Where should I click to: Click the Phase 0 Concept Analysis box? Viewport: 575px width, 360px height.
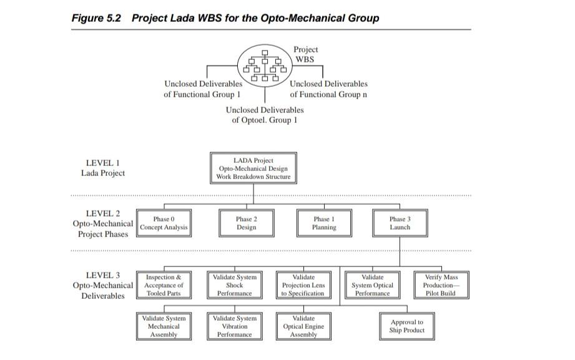tap(164, 223)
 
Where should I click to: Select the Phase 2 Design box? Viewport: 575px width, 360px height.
tap(246, 223)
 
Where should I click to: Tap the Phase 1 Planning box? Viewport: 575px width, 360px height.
tap(324, 223)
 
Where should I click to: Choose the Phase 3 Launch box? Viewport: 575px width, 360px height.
tap(400, 223)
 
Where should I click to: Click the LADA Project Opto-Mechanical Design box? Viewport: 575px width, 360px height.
tap(253, 168)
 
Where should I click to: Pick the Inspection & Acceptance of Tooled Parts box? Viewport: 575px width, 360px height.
tap(164, 285)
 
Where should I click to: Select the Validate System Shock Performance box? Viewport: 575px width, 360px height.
tap(234, 285)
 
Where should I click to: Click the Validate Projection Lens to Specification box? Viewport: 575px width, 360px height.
tap(303, 285)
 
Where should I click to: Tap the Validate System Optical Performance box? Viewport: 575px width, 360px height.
tap(373, 285)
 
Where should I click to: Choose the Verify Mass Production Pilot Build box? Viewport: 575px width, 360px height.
tap(441, 285)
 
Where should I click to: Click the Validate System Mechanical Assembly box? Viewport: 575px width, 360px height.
tap(164, 326)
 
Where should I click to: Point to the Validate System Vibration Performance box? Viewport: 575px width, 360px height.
tap(234, 326)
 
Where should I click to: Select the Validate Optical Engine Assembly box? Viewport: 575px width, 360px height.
tap(303, 326)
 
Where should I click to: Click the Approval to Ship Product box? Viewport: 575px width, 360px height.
tap(406, 326)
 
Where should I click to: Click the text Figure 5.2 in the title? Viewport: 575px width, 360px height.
tap(97, 17)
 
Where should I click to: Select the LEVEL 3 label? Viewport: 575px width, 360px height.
tap(102, 275)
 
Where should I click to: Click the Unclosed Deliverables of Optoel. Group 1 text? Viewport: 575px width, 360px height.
tap(265, 115)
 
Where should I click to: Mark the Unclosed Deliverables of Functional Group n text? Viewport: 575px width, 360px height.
tap(328, 89)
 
